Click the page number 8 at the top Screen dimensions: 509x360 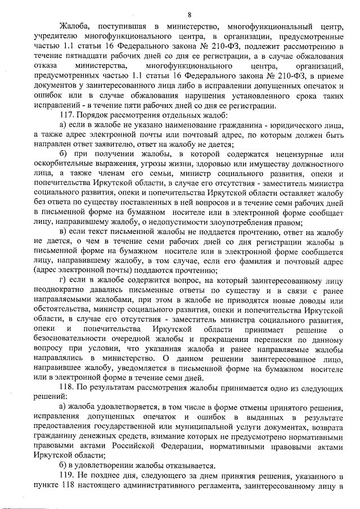click(x=190, y=14)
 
